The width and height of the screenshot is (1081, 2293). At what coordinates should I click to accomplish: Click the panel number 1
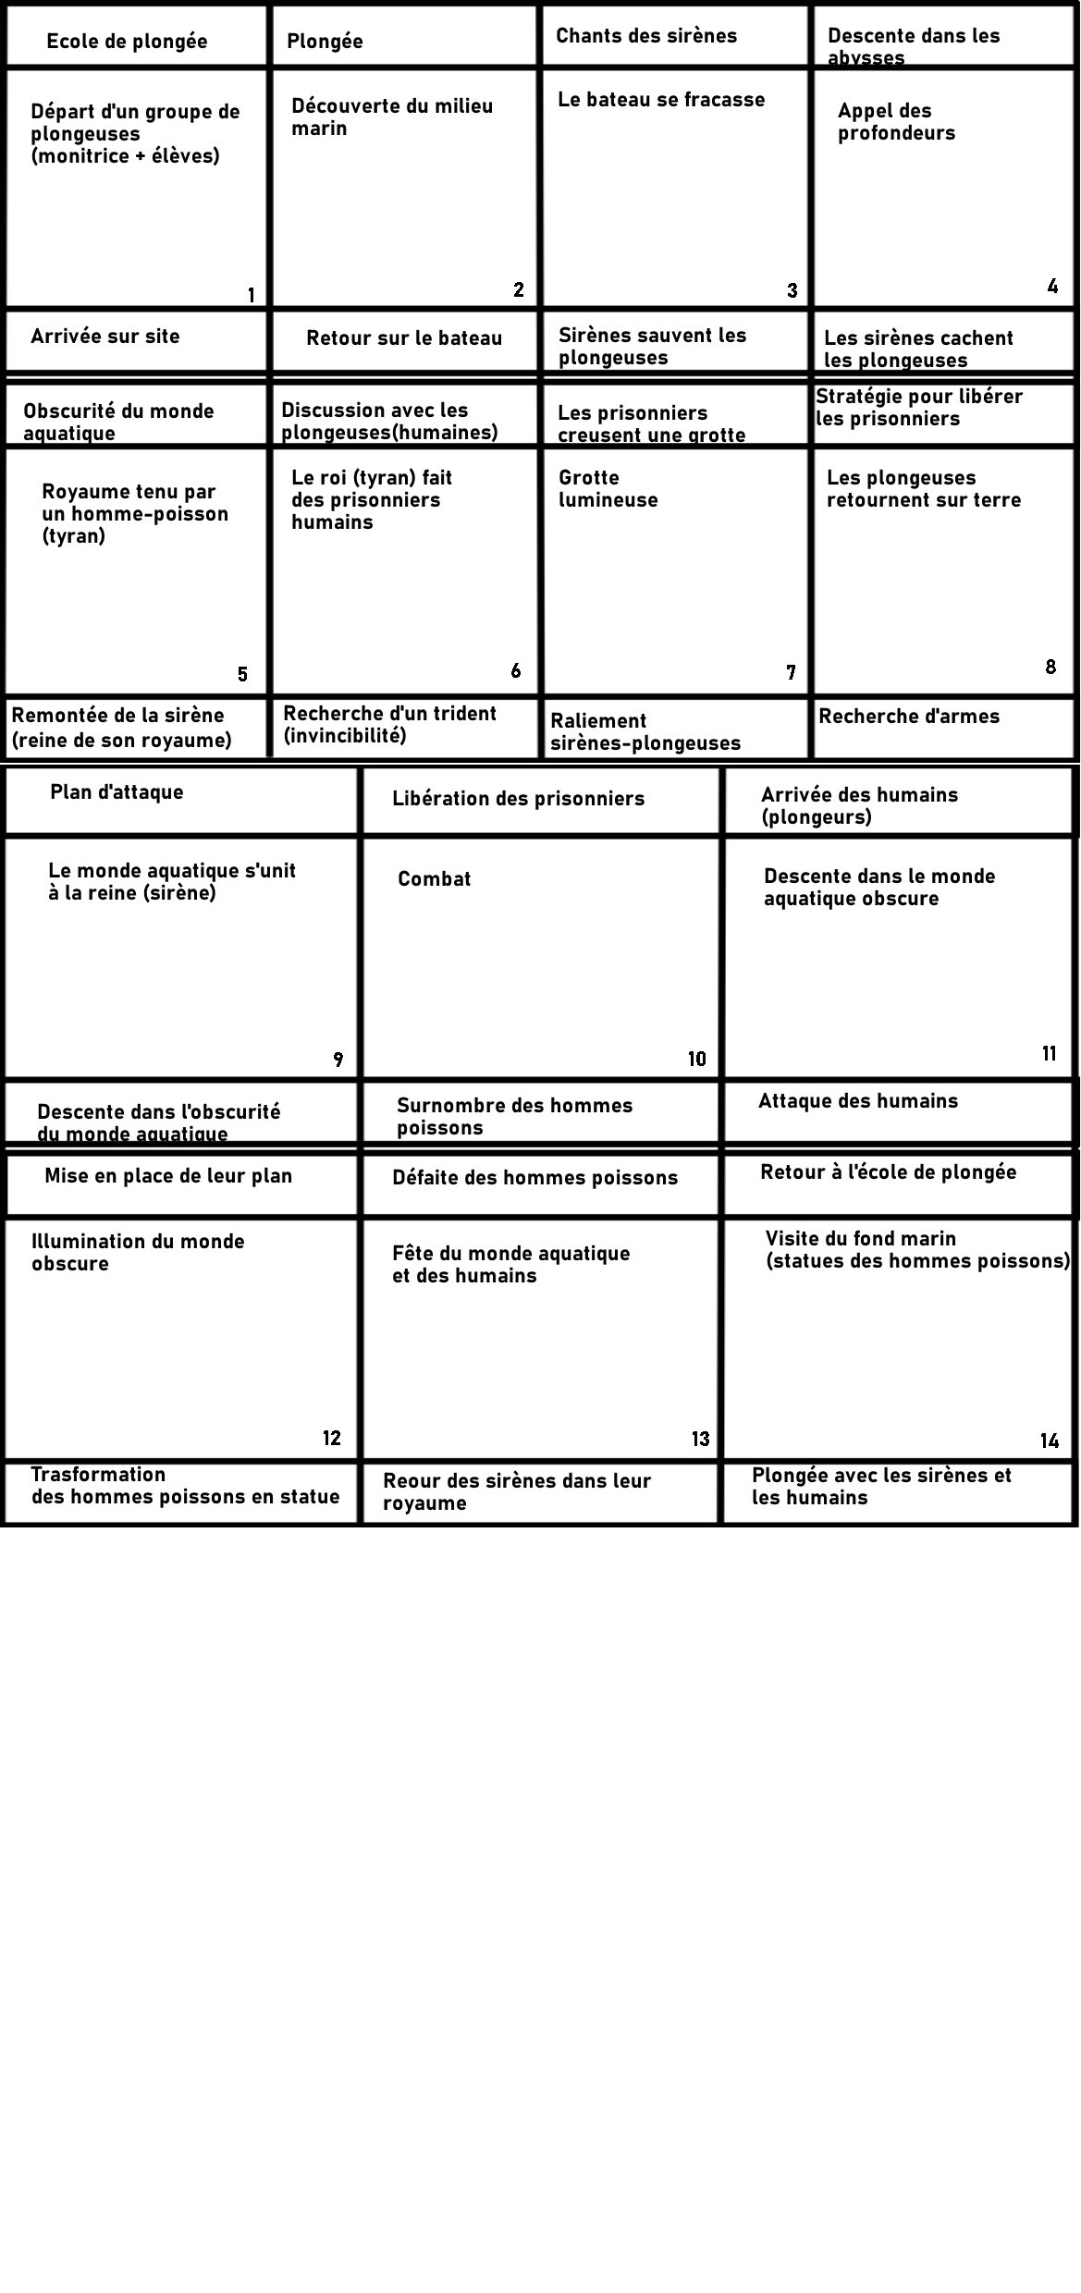(x=251, y=296)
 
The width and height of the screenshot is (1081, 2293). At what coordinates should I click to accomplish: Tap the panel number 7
(x=791, y=673)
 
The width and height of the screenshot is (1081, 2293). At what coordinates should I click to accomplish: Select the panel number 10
(x=697, y=1060)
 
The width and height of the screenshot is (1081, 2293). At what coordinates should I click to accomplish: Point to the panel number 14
(x=1049, y=1441)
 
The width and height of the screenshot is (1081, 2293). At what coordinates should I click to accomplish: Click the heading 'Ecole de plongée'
(x=127, y=42)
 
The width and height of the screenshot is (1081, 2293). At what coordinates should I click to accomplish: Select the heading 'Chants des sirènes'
(x=646, y=36)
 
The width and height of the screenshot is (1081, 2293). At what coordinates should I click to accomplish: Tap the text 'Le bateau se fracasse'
(x=661, y=100)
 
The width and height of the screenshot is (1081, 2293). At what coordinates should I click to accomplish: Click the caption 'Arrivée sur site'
(x=105, y=337)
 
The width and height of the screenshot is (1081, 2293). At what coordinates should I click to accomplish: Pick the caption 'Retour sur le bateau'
(x=404, y=338)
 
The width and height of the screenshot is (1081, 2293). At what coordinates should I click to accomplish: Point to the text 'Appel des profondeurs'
(x=896, y=122)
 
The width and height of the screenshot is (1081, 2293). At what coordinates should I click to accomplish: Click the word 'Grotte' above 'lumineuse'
(x=589, y=478)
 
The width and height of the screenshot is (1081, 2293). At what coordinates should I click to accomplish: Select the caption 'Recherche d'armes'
(x=909, y=717)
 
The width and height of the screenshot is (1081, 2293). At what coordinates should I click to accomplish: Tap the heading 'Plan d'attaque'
(x=117, y=792)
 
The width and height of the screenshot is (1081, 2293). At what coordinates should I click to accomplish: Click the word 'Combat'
(x=434, y=879)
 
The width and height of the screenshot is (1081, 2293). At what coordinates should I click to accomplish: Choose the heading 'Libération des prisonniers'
(x=518, y=799)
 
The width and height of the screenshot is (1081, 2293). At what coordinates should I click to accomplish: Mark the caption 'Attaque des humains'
(x=858, y=1101)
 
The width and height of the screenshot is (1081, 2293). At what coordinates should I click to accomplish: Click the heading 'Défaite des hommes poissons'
(x=534, y=1178)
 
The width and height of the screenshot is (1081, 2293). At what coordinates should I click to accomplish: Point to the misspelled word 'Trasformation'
(x=98, y=1475)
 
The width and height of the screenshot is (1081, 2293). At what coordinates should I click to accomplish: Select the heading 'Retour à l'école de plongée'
(x=888, y=1172)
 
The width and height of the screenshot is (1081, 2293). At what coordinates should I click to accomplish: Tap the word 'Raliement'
(x=598, y=721)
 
